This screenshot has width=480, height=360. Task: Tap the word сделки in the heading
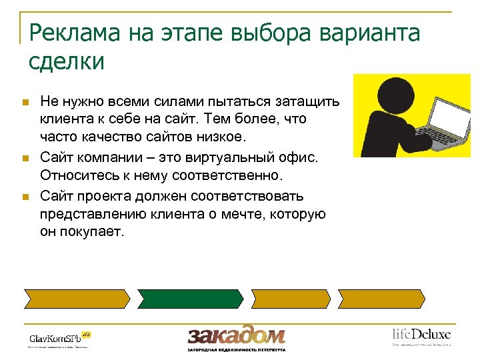point(67,61)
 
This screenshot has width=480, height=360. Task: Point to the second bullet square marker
point(26,159)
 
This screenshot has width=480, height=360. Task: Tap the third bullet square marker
point(26,197)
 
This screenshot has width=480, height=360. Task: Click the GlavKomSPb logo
point(59,338)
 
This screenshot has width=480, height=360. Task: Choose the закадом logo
point(237,336)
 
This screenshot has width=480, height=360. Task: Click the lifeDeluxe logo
point(421,335)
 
